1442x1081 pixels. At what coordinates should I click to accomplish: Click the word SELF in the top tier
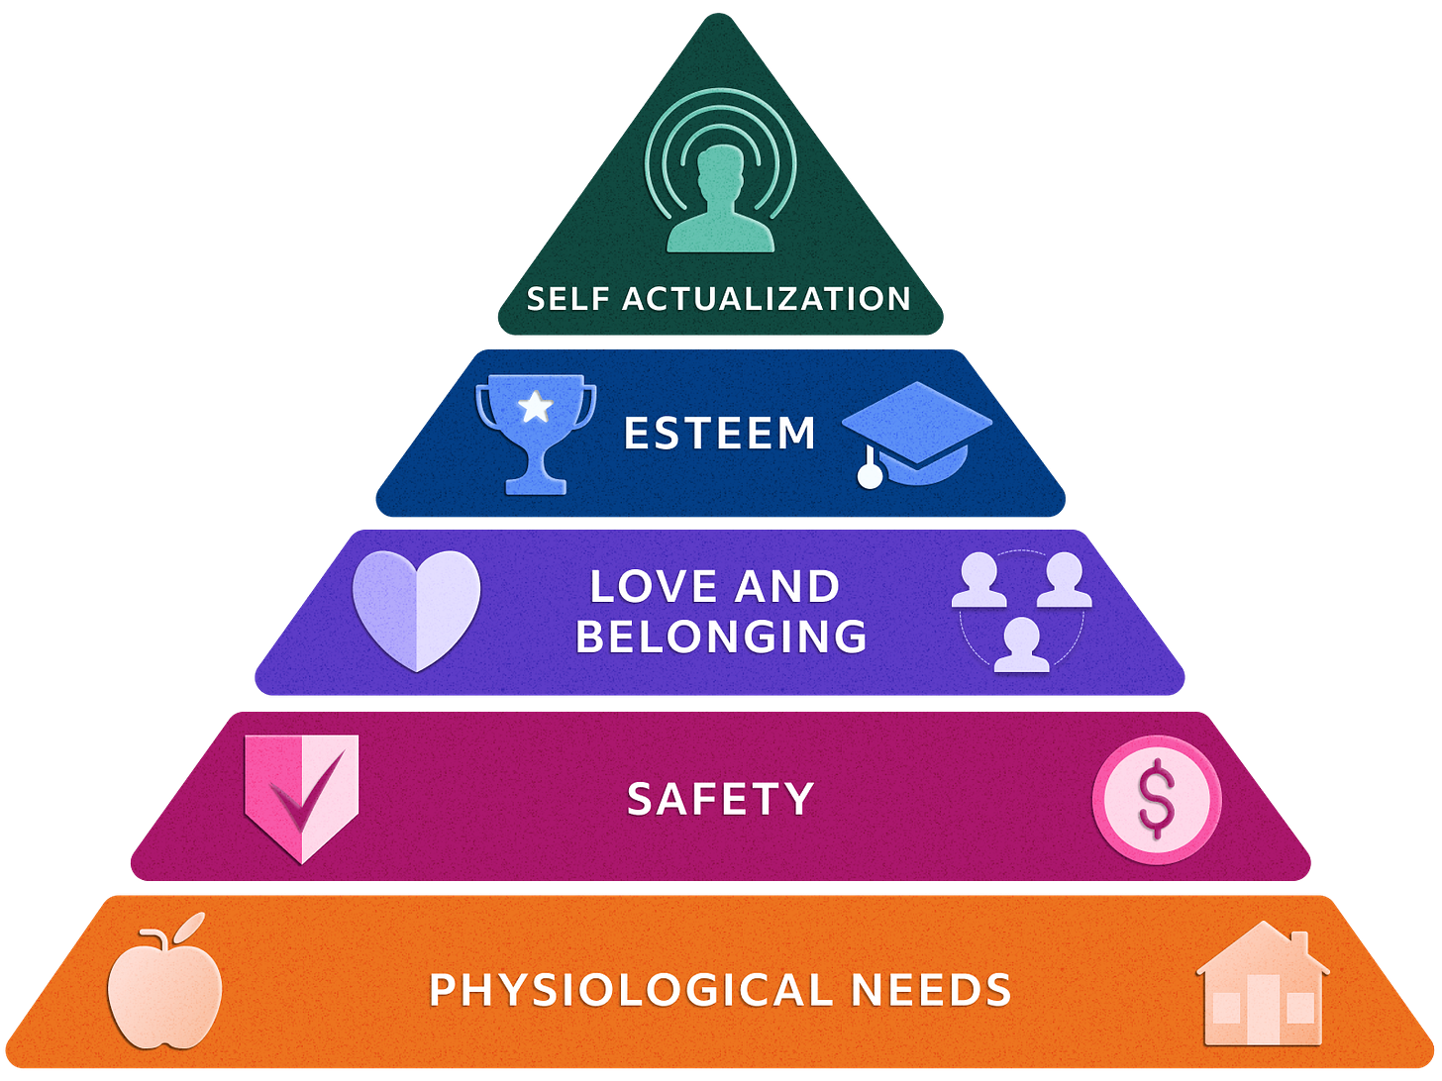(x=568, y=299)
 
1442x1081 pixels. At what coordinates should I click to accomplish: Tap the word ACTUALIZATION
(x=766, y=299)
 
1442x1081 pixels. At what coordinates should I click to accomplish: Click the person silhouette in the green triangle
(x=720, y=203)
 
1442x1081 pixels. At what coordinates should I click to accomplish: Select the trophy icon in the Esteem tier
(x=536, y=431)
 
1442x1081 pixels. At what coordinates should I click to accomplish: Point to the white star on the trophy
(x=536, y=407)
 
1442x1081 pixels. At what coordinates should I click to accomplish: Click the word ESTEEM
(x=720, y=434)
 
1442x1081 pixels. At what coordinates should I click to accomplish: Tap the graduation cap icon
(x=917, y=431)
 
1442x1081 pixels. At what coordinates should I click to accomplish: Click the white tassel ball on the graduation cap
(x=870, y=476)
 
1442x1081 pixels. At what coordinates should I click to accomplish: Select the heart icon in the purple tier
(x=417, y=608)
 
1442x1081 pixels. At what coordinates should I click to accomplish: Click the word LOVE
(x=652, y=587)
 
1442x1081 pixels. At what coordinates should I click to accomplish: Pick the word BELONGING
(x=721, y=636)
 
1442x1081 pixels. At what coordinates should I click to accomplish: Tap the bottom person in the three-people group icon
(x=1021, y=645)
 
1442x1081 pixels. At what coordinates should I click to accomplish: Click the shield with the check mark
(x=302, y=795)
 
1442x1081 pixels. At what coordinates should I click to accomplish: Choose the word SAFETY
(x=721, y=799)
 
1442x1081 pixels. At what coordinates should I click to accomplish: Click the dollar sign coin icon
(x=1156, y=800)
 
